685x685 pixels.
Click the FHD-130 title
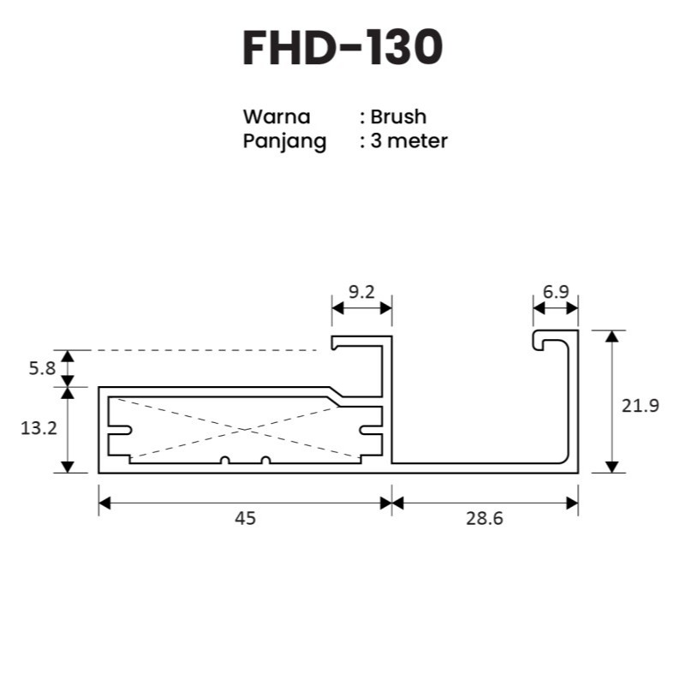pyautogui.click(x=342, y=48)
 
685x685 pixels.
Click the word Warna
pyautogui.click(x=277, y=116)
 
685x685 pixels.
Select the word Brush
pyautogui.click(x=398, y=116)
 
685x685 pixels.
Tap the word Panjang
pyautogui.click(x=284, y=141)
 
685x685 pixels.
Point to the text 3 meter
pyautogui.click(x=409, y=140)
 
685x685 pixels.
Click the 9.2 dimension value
pyautogui.click(x=361, y=292)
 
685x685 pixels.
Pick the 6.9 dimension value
pyautogui.click(x=556, y=291)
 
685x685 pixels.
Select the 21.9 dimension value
pyautogui.click(x=640, y=406)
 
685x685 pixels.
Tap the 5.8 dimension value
pyautogui.click(x=42, y=369)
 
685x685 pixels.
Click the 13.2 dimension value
pyautogui.click(x=39, y=429)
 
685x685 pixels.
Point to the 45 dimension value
pyautogui.click(x=245, y=519)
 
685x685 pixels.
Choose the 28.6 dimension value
pyautogui.click(x=485, y=519)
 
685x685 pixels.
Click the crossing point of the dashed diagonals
pyautogui.click(x=243, y=431)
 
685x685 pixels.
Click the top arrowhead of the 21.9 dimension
pyautogui.click(x=612, y=336)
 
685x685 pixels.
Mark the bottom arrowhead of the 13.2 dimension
pyautogui.click(x=68, y=467)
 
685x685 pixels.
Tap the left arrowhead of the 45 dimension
pyautogui.click(x=104, y=503)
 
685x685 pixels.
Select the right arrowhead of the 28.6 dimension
pyautogui.click(x=572, y=503)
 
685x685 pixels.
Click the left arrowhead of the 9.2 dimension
pyautogui.click(x=337, y=308)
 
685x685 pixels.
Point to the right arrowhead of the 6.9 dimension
pyautogui.click(x=572, y=308)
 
